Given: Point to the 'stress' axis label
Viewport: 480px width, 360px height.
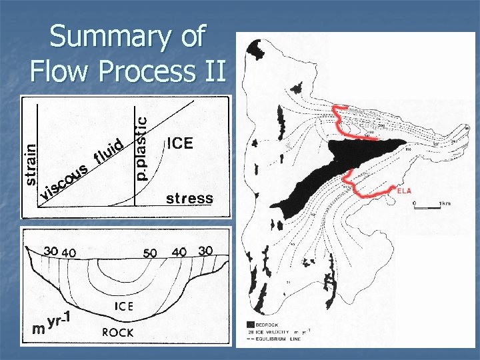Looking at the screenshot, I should pyautogui.click(x=189, y=199).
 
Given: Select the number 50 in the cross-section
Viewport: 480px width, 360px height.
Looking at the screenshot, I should pyautogui.click(x=151, y=253).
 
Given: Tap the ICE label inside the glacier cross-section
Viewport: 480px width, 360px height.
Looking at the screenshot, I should pyautogui.click(x=123, y=307).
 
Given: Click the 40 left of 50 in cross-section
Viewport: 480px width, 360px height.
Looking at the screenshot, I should pyautogui.click(x=69, y=252).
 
